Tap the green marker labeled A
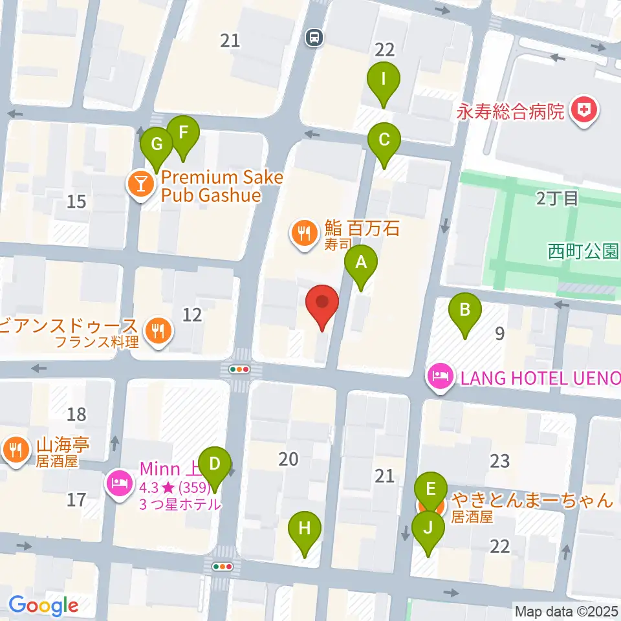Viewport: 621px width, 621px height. click(361, 263)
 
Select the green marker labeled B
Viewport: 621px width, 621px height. click(464, 310)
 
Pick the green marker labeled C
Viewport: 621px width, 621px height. click(384, 140)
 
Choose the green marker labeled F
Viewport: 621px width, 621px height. click(183, 133)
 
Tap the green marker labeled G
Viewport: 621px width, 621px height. click(156, 143)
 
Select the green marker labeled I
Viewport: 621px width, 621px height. click(384, 80)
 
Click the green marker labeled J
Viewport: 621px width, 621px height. click(428, 528)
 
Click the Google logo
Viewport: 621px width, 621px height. click(44, 605)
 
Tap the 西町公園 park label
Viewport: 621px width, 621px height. click(583, 250)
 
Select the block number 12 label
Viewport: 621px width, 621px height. click(192, 315)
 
